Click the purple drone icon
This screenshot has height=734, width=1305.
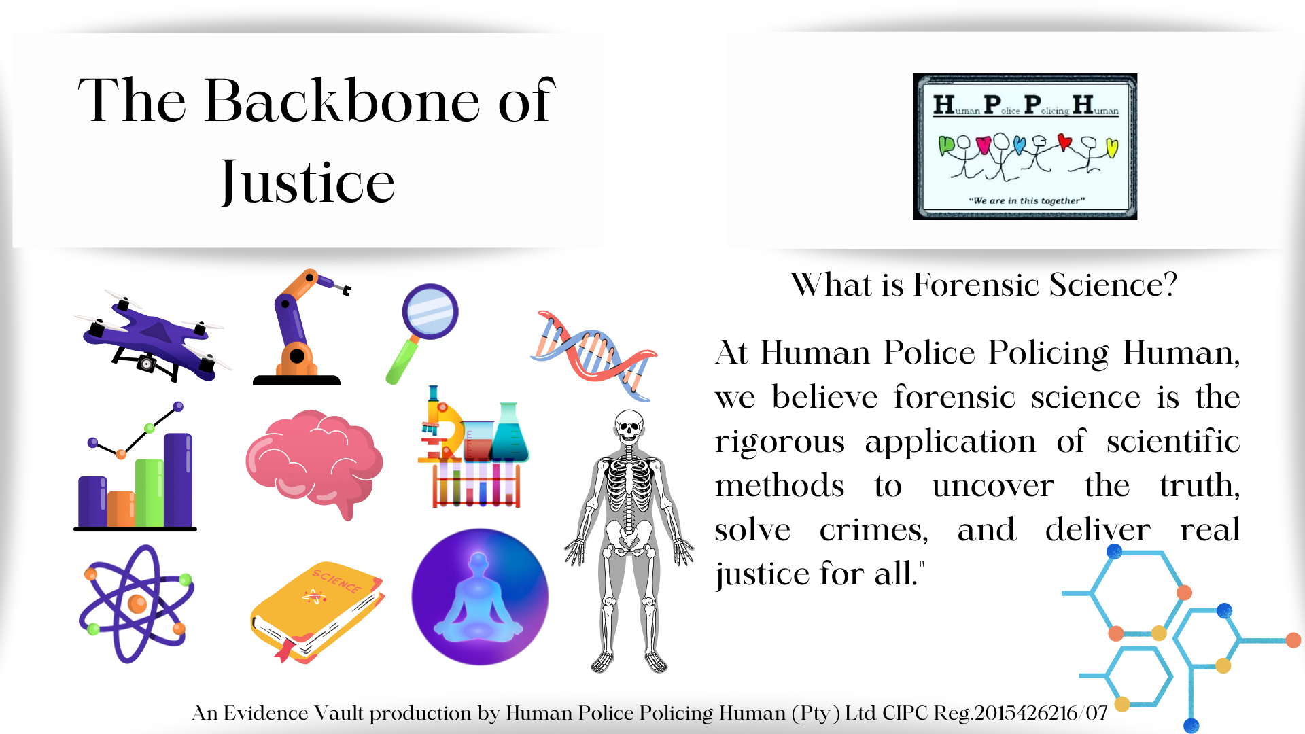tap(153, 336)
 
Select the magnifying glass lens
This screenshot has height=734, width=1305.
tap(430, 311)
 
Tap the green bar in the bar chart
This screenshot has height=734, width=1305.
tap(150, 493)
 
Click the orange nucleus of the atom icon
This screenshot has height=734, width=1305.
tap(137, 604)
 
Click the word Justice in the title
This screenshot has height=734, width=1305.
tap(307, 182)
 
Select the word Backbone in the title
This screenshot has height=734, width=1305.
tap(343, 101)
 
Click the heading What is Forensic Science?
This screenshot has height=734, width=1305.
tap(984, 284)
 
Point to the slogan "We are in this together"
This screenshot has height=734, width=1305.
tap(1026, 200)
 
